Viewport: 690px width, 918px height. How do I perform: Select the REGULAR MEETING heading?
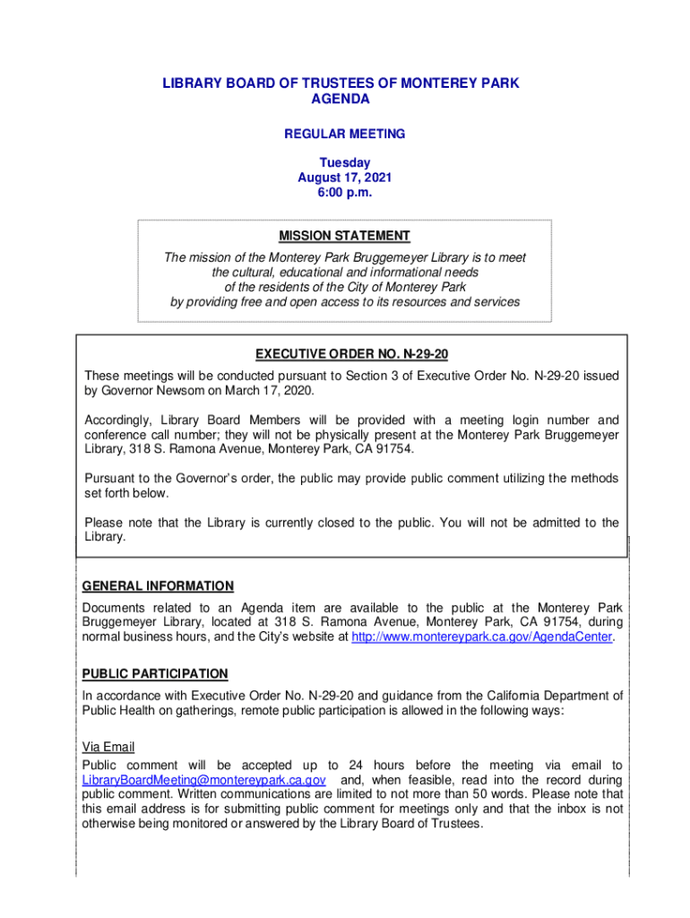coord(344,134)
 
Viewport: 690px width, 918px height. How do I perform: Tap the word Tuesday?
coord(344,162)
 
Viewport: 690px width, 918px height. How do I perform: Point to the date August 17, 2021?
coord(344,178)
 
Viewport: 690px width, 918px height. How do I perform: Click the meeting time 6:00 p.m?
coord(344,192)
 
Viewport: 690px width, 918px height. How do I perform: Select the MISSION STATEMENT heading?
coord(344,236)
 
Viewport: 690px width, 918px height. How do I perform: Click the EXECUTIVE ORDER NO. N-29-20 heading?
coord(351,354)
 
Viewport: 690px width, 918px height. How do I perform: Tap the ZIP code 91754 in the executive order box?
coord(392,449)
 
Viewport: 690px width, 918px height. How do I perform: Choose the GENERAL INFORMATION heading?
coord(158,586)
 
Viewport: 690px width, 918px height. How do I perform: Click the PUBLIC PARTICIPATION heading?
coord(155,674)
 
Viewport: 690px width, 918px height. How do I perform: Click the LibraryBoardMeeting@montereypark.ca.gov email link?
coord(203,780)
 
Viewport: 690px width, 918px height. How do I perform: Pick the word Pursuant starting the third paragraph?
coord(111,479)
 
